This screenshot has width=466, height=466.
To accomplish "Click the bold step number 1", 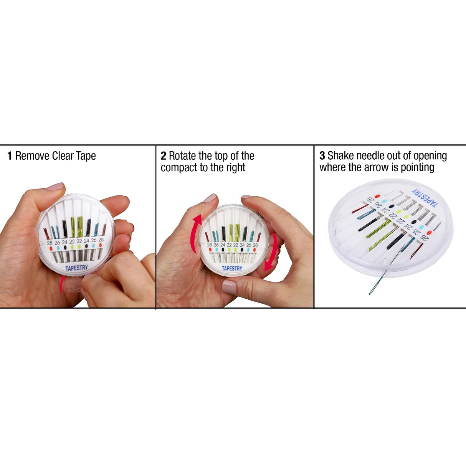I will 10,156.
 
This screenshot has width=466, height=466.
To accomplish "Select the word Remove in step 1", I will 33,156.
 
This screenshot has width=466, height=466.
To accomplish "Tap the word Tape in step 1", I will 86,156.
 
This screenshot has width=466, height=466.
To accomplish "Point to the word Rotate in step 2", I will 182,156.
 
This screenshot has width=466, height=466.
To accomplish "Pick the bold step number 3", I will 322,156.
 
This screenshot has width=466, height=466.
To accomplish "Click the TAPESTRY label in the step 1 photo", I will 76,268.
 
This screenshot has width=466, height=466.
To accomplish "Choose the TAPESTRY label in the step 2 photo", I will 232,268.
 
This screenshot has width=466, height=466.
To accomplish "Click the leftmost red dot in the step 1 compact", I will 50,249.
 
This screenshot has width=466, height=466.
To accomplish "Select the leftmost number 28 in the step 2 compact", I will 209,245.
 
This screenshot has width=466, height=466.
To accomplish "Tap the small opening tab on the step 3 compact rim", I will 385,262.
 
